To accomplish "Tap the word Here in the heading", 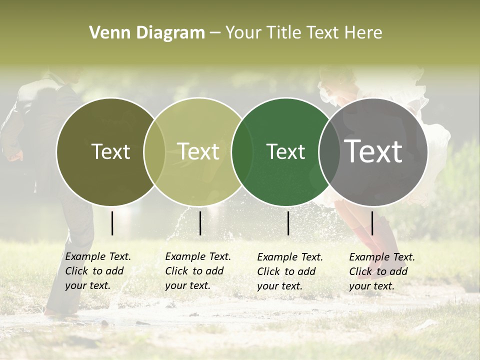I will click(x=364, y=33).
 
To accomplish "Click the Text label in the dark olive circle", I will click(x=110, y=151).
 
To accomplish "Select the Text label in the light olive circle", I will click(x=198, y=151).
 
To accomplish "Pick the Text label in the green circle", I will click(x=285, y=151).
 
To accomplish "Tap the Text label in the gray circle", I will click(x=373, y=151).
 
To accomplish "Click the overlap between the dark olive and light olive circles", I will click(x=154, y=151).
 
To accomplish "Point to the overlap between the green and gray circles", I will click(x=327, y=151).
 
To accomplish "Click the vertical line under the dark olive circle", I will click(x=112, y=223).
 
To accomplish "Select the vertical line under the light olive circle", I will click(x=200, y=223).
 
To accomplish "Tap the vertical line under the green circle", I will click(x=288, y=223).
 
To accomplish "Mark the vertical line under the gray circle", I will click(x=372, y=223).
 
